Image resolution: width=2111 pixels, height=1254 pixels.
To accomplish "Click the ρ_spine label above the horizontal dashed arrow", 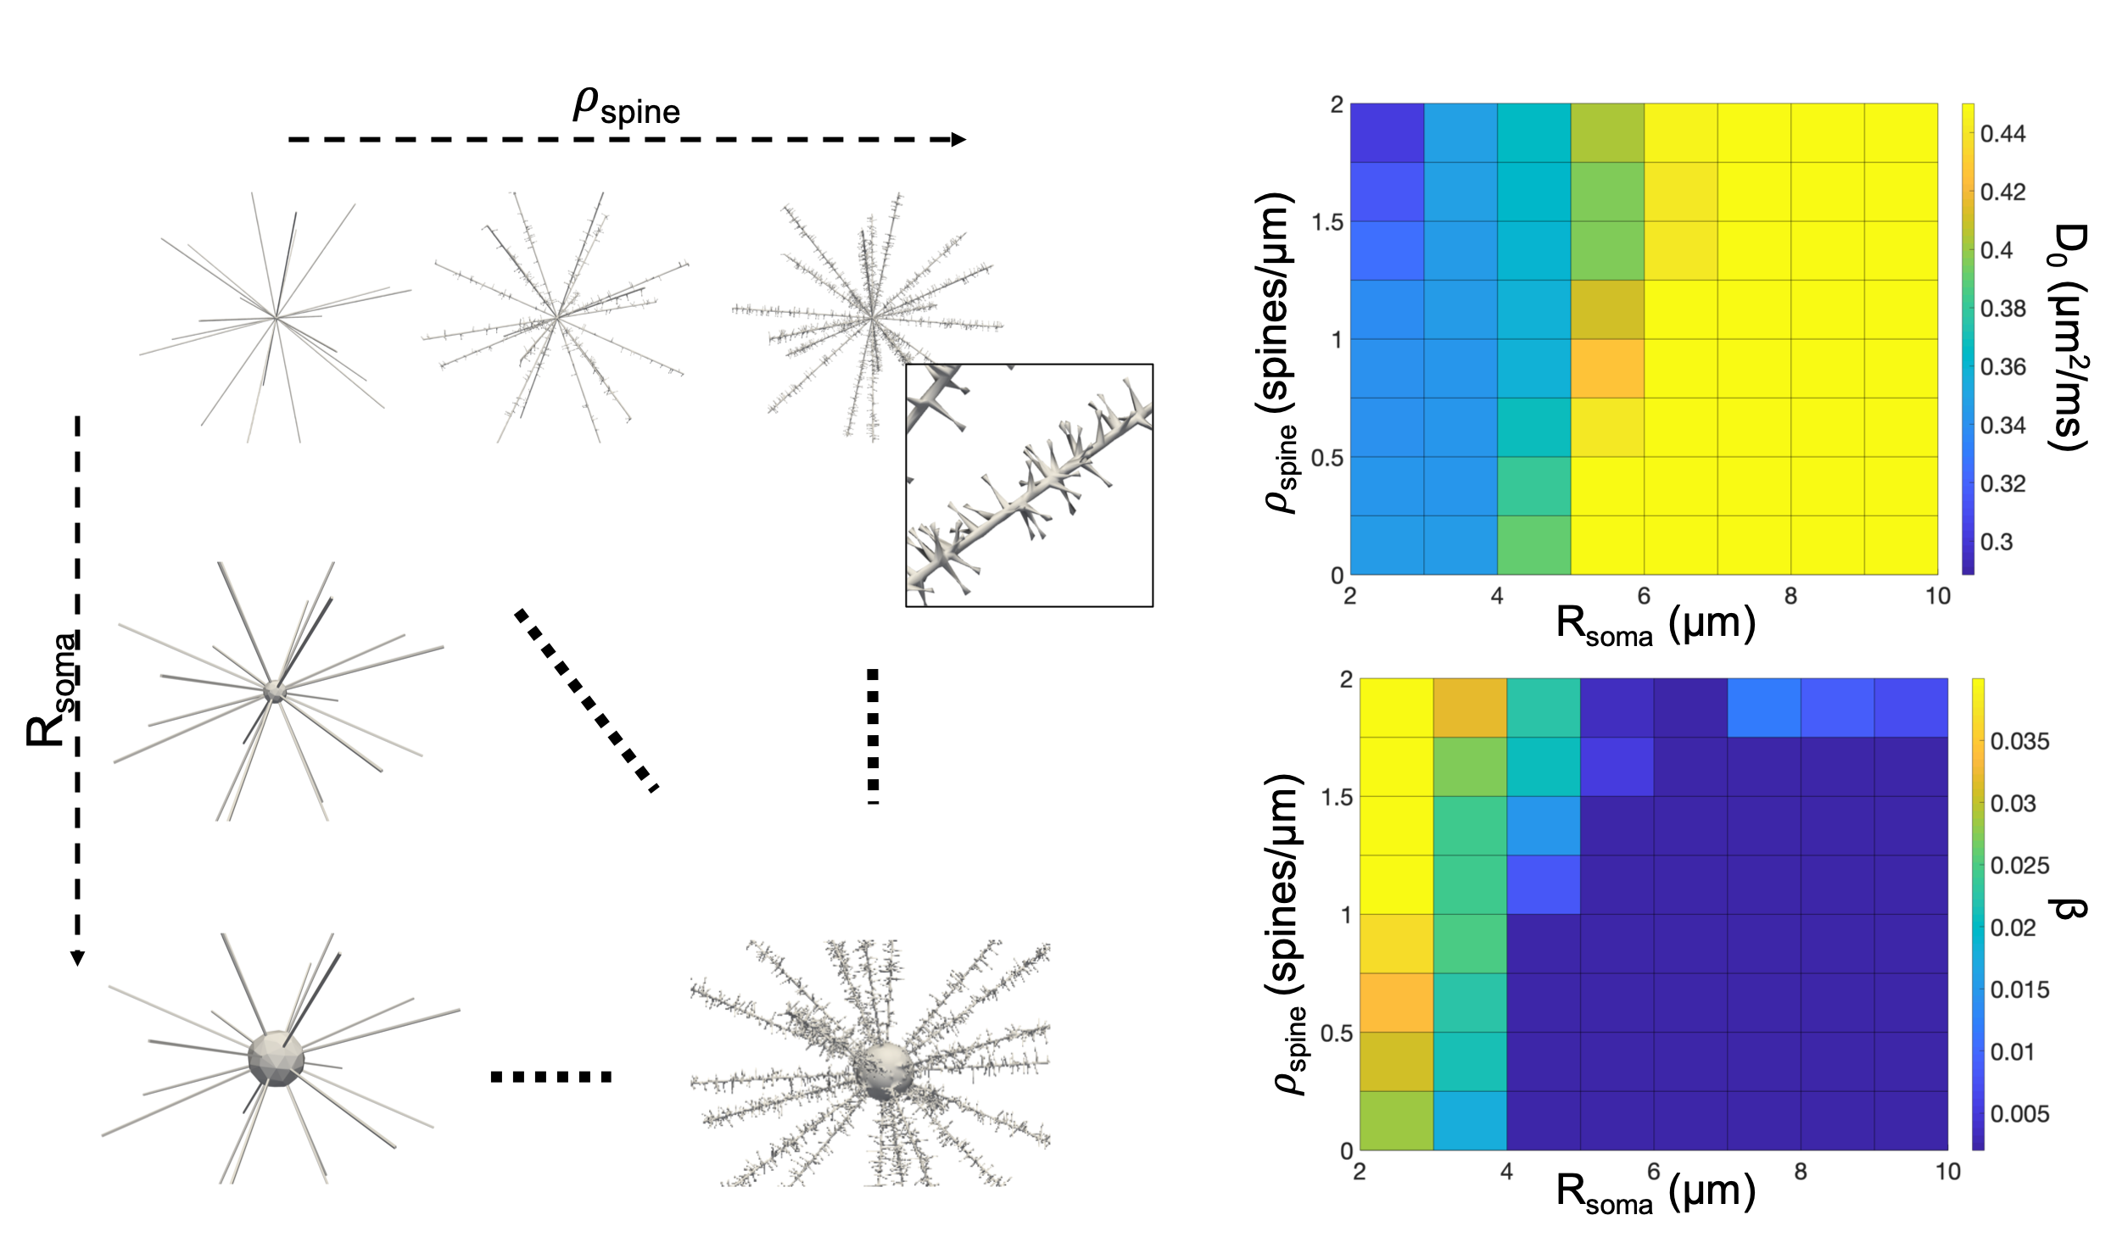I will coord(626,108).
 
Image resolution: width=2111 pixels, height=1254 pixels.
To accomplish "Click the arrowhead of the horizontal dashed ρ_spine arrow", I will coord(958,140).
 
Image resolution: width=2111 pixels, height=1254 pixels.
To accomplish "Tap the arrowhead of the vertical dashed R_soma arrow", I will coord(77,957).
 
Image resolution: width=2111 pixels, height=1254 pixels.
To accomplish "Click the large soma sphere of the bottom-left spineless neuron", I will coord(276,1058).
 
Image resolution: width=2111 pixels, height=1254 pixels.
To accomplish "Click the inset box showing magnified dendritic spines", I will coord(1029,485).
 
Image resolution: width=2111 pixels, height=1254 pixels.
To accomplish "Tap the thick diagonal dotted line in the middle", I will coord(586,699).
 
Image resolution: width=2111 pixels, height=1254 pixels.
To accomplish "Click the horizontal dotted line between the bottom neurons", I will coord(551,1078).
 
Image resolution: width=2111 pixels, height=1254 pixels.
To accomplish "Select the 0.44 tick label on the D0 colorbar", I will coord(2002,134).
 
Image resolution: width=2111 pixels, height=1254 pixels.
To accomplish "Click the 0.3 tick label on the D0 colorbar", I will coord(1997,542).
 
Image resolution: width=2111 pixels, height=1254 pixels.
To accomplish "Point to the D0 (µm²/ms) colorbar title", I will coord(2070,337).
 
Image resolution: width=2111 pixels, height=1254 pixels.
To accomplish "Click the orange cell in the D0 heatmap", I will coord(1607,369).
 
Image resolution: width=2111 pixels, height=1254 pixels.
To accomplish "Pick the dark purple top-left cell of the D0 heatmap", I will coord(1387,133).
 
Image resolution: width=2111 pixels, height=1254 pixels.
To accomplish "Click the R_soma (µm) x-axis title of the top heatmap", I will coord(1655,626).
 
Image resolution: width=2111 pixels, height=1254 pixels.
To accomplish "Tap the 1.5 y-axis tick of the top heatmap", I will coord(1327,222).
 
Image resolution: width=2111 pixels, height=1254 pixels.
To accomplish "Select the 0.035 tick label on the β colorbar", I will coord(2019,742).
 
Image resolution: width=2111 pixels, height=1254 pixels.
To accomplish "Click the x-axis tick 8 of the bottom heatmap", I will coord(1800,1172).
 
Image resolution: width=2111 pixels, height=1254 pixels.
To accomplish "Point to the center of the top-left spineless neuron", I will coord(276,318).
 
